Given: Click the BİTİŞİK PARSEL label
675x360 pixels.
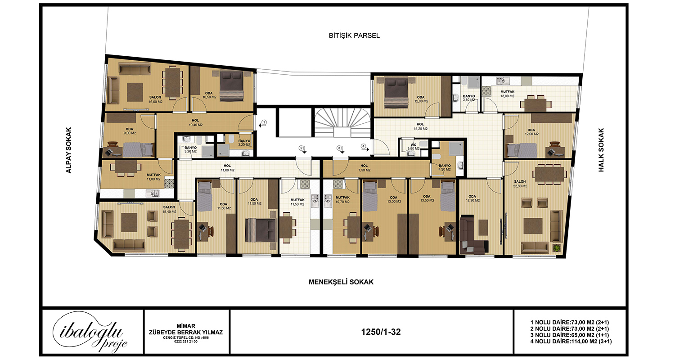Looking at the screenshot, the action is tap(354, 36).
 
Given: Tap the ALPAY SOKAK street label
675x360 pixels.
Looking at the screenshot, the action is tap(69, 150).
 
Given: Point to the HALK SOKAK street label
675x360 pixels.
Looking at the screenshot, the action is tap(601, 150).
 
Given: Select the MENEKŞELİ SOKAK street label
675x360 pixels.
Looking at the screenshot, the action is tap(341, 282).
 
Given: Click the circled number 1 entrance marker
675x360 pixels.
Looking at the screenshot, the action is tap(264, 122).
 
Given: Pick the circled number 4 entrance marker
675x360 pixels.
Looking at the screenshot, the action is tap(364, 146).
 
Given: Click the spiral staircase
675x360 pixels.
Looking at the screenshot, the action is tap(342, 122).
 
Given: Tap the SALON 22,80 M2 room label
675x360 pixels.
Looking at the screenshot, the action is tap(520, 184).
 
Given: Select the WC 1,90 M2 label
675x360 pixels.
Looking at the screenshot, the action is tap(414, 147).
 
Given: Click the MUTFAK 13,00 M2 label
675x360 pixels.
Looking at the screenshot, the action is tap(508, 94).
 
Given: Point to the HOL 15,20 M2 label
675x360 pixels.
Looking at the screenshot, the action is tap(420, 126).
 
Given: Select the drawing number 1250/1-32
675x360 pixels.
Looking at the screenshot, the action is tap(381, 332).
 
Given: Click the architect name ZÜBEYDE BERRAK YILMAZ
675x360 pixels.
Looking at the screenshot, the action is tap(186, 332).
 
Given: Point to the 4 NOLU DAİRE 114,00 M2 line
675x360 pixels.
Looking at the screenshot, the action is tap(571, 341).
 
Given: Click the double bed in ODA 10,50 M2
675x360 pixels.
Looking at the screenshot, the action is tap(231, 86).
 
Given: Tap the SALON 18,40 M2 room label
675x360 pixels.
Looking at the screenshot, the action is tap(169, 209).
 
